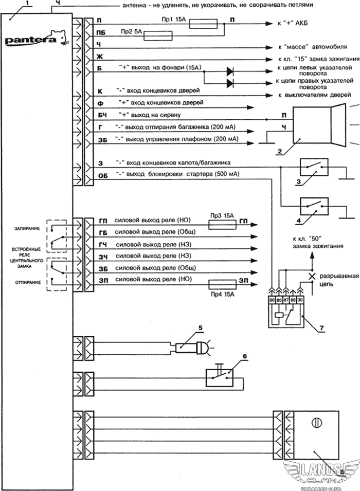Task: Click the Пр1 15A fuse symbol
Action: (203, 24)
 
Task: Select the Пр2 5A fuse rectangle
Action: (158, 35)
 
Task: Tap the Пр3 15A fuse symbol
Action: (223, 225)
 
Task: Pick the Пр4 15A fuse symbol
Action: (223, 284)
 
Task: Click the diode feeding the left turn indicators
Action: (230, 71)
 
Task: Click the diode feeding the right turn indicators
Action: (230, 83)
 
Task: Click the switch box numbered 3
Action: (314, 167)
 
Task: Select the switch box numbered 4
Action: (314, 206)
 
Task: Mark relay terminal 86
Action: (272, 300)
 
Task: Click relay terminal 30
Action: (300, 300)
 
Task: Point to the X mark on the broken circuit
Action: (312, 277)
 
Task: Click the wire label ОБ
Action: (103, 176)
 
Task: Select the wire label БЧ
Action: (102, 116)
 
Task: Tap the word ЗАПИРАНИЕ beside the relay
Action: (27, 229)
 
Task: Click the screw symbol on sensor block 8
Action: (316, 423)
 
